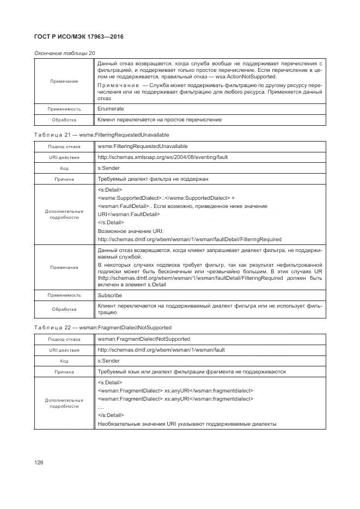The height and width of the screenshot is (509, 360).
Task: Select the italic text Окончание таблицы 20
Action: click(65, 53)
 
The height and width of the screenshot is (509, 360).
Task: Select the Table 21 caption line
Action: click(102, 134)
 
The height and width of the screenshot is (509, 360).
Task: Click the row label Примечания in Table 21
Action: click(64, 267)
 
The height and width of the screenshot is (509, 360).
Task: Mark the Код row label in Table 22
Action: click(64, 361)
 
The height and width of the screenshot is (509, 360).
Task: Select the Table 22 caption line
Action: click(103, 327)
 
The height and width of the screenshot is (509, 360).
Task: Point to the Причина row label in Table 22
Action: click(64, 372)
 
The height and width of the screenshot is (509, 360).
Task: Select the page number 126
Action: click(39, 462)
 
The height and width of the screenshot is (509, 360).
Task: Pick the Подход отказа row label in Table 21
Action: click(64, 147)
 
